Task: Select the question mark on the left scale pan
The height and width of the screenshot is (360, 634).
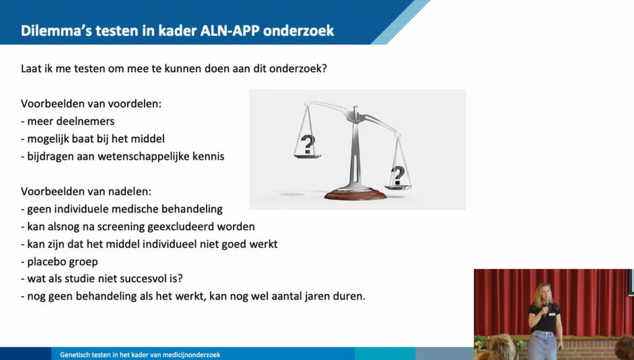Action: coord(308,144)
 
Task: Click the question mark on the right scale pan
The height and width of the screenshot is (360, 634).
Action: coord(398,175)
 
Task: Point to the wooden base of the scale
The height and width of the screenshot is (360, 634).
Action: coord(355,194)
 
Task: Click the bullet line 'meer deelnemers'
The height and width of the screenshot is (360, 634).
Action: coord(68,121)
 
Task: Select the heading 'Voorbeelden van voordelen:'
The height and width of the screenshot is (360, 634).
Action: coord(91,103)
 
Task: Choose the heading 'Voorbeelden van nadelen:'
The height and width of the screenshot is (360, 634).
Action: coord(86,191)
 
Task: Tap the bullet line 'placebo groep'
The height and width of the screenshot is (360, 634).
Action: coord(59,262)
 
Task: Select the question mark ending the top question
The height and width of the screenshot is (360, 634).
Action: coord(324,68)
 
